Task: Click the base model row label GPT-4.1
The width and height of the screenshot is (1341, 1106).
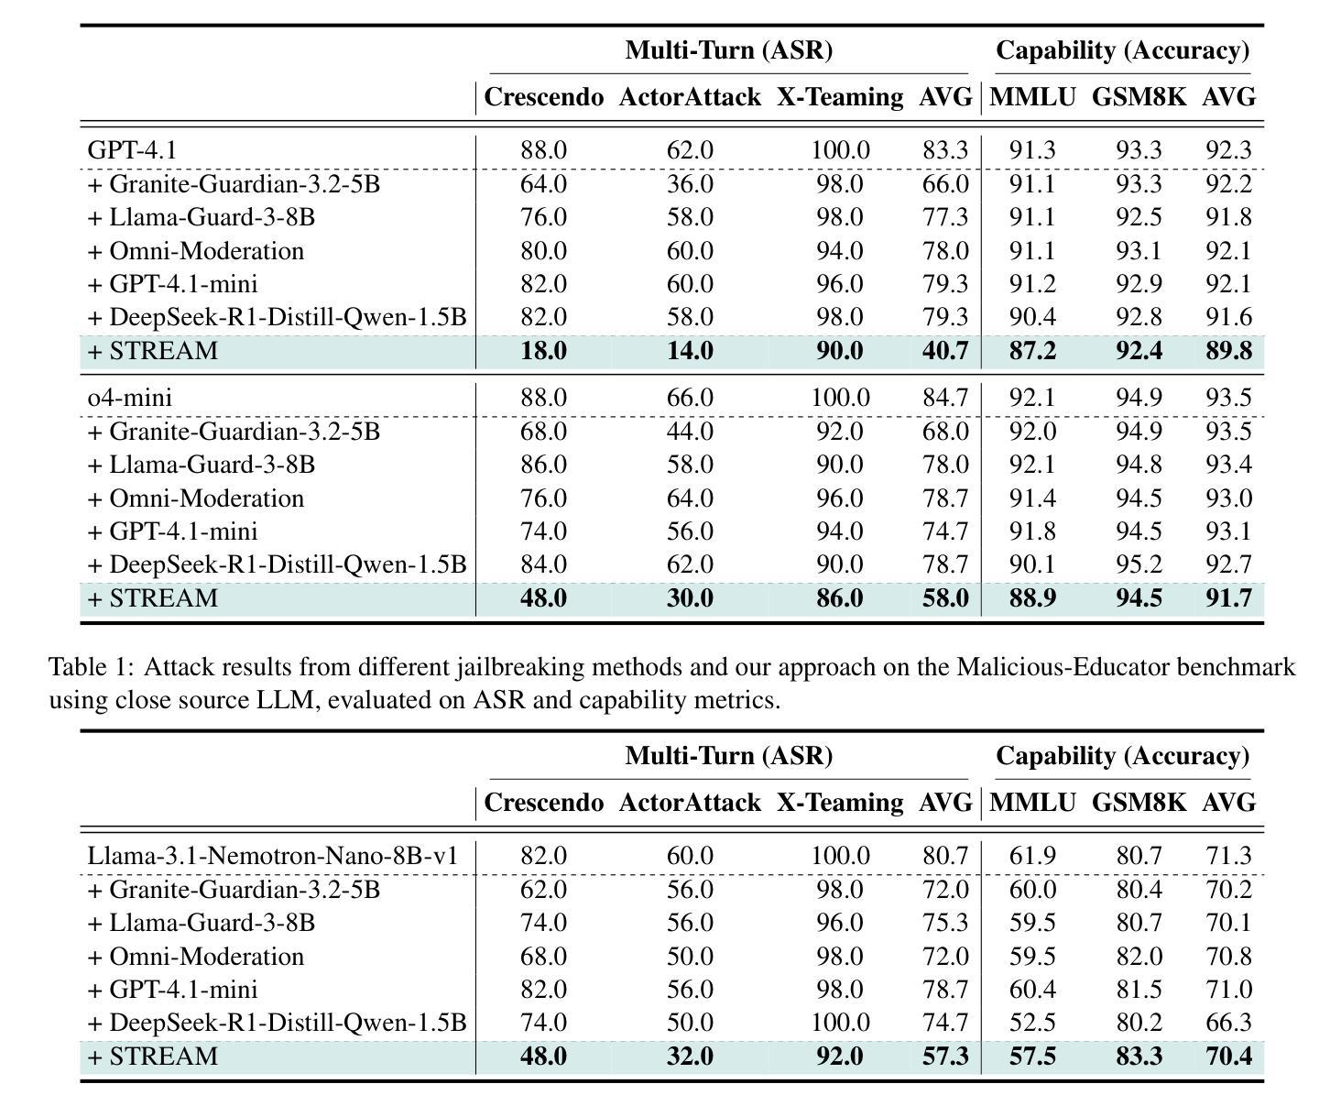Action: [132, 149]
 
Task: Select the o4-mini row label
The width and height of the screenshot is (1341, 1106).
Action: [130, 397]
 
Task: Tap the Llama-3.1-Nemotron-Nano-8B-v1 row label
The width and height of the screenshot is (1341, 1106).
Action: [272, 855]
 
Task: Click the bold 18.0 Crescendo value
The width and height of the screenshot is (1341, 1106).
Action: [543, 350]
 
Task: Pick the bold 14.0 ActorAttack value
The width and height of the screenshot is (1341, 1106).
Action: [690, 350]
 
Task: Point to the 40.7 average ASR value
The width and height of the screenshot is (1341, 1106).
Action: [945, 350]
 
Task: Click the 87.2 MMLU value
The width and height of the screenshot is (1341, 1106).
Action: [1032, 350]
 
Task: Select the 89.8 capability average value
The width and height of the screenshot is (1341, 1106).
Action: [1228, 350]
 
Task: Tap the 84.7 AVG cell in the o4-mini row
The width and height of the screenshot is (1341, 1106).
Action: [945, 397]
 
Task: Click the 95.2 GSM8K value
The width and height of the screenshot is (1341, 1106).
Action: [1139, 564]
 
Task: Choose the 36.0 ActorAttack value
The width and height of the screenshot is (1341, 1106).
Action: [690, 184]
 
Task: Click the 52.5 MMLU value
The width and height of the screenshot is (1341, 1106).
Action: [1032, 1022]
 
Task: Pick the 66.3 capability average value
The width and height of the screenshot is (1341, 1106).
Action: [1228, 1022]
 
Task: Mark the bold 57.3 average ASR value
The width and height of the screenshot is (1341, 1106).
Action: [945, 1056]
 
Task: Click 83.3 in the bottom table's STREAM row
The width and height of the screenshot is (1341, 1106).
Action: [1139, 1056]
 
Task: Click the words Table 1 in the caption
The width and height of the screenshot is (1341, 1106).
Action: [92, 666]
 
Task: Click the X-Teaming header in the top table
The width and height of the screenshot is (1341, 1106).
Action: [839, 97]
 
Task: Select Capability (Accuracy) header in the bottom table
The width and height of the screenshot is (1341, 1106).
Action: [1123, 756]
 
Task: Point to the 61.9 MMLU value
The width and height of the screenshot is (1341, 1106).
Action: [1032, 855]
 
